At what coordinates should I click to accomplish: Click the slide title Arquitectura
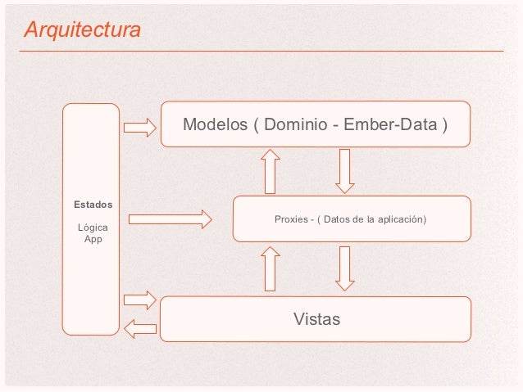coord(82,30)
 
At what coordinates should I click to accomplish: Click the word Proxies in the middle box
coord(291,219)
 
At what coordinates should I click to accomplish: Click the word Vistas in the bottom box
coord(316,318)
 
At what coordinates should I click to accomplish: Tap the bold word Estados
coord(93,203)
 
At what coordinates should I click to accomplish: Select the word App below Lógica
coord(93,239)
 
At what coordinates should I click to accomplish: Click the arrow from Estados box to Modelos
coord(139,127)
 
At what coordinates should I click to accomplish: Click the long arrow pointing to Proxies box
coord(171,219)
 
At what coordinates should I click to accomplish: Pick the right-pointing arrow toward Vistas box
coord(139,300)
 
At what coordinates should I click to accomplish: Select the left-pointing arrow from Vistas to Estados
coord(139,329)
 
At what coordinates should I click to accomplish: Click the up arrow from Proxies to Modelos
coord(270,171)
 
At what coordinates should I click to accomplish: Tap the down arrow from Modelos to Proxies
coord(344,170)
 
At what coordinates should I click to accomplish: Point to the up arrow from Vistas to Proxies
coord(270,269)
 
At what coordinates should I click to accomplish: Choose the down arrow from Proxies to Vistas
coord(344,268)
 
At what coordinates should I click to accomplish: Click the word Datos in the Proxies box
coord(338,219)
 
